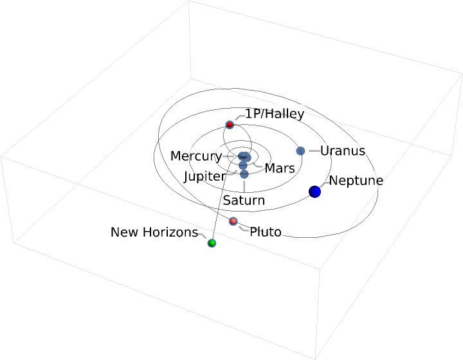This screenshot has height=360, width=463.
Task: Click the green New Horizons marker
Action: tap(212, 243)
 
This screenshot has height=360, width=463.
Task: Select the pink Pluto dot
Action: tap(233, 222)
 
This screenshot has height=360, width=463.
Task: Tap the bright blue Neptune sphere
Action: tap(314, 192)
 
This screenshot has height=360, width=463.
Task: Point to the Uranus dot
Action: tap(300, 151)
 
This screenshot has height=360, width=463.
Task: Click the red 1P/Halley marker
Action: tap(230, 125)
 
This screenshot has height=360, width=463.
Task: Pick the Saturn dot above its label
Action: tap(244, 174)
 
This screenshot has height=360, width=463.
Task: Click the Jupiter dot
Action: tap(243, 166)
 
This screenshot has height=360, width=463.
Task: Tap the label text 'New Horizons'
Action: tap(154, 232)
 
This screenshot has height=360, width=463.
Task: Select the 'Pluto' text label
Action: tap(265, 232)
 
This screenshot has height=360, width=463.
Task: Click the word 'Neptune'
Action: tap(356, 181)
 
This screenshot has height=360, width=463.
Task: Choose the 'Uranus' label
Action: tap(342, 151)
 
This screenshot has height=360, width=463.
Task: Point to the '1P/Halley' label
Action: tap(275, 114)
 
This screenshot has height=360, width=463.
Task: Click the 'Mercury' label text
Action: tap(195, 156)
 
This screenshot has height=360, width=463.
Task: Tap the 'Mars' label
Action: tap(280, 168)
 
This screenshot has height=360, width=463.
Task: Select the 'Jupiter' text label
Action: tap(204, 176)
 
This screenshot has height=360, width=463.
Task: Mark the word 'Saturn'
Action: tap(244, 200)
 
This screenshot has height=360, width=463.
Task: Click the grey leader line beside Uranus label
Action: tap(314, 151)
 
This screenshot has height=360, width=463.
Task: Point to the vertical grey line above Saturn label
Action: tap(244, 186)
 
